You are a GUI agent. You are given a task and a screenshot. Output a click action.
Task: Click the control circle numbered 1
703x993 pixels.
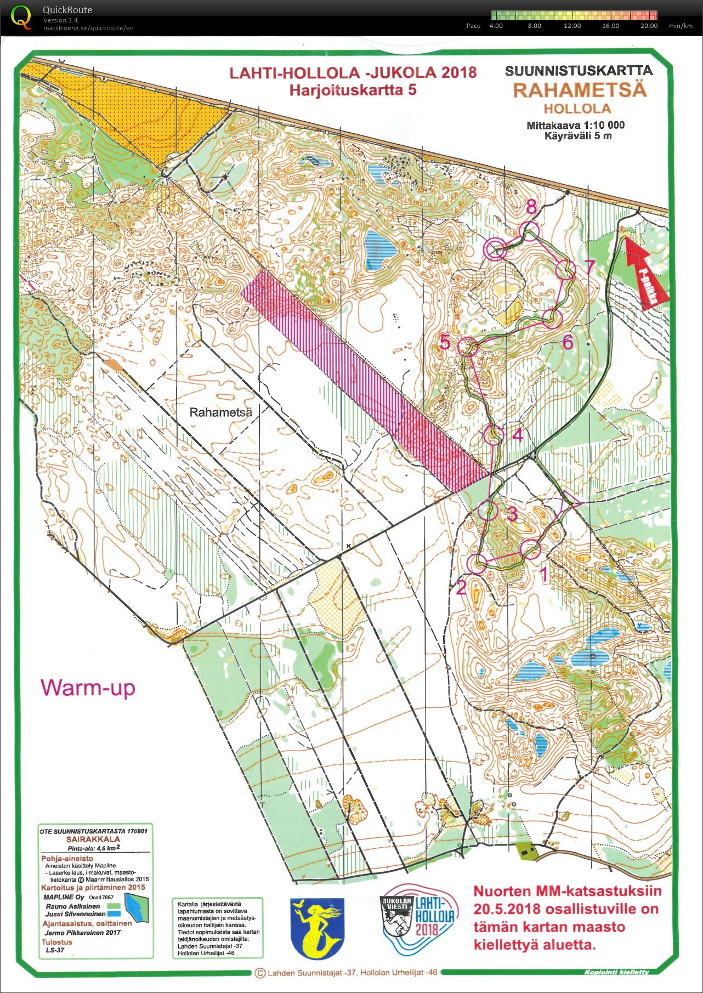(530, 549)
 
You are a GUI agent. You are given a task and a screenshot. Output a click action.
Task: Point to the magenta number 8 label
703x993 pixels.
(531, 207)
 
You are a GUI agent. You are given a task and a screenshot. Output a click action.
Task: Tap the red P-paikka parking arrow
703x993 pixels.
(647, 269)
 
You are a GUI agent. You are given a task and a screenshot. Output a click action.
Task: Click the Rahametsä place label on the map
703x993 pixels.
(220, 412)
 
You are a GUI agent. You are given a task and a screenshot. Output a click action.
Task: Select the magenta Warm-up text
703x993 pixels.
(88, 688)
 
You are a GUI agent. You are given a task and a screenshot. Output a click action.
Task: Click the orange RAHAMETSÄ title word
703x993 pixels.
(580, 90)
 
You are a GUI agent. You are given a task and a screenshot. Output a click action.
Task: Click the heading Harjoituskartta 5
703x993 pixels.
(353, 90)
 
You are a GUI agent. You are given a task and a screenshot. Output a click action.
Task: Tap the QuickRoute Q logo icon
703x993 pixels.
(21, 16)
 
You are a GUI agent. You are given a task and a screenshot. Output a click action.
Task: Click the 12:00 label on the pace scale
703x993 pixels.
(572, 26)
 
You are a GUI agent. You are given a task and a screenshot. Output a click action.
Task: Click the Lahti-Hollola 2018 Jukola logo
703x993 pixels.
(417, 926)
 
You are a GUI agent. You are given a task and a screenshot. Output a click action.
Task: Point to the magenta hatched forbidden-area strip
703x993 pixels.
(362, 378)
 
